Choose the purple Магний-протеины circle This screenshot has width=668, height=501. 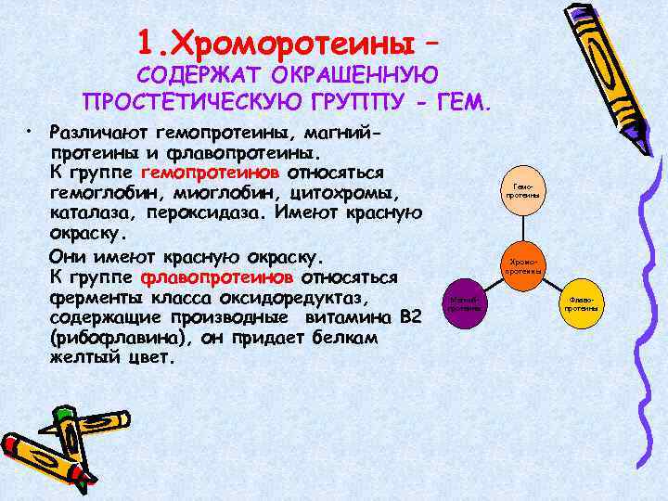463,302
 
